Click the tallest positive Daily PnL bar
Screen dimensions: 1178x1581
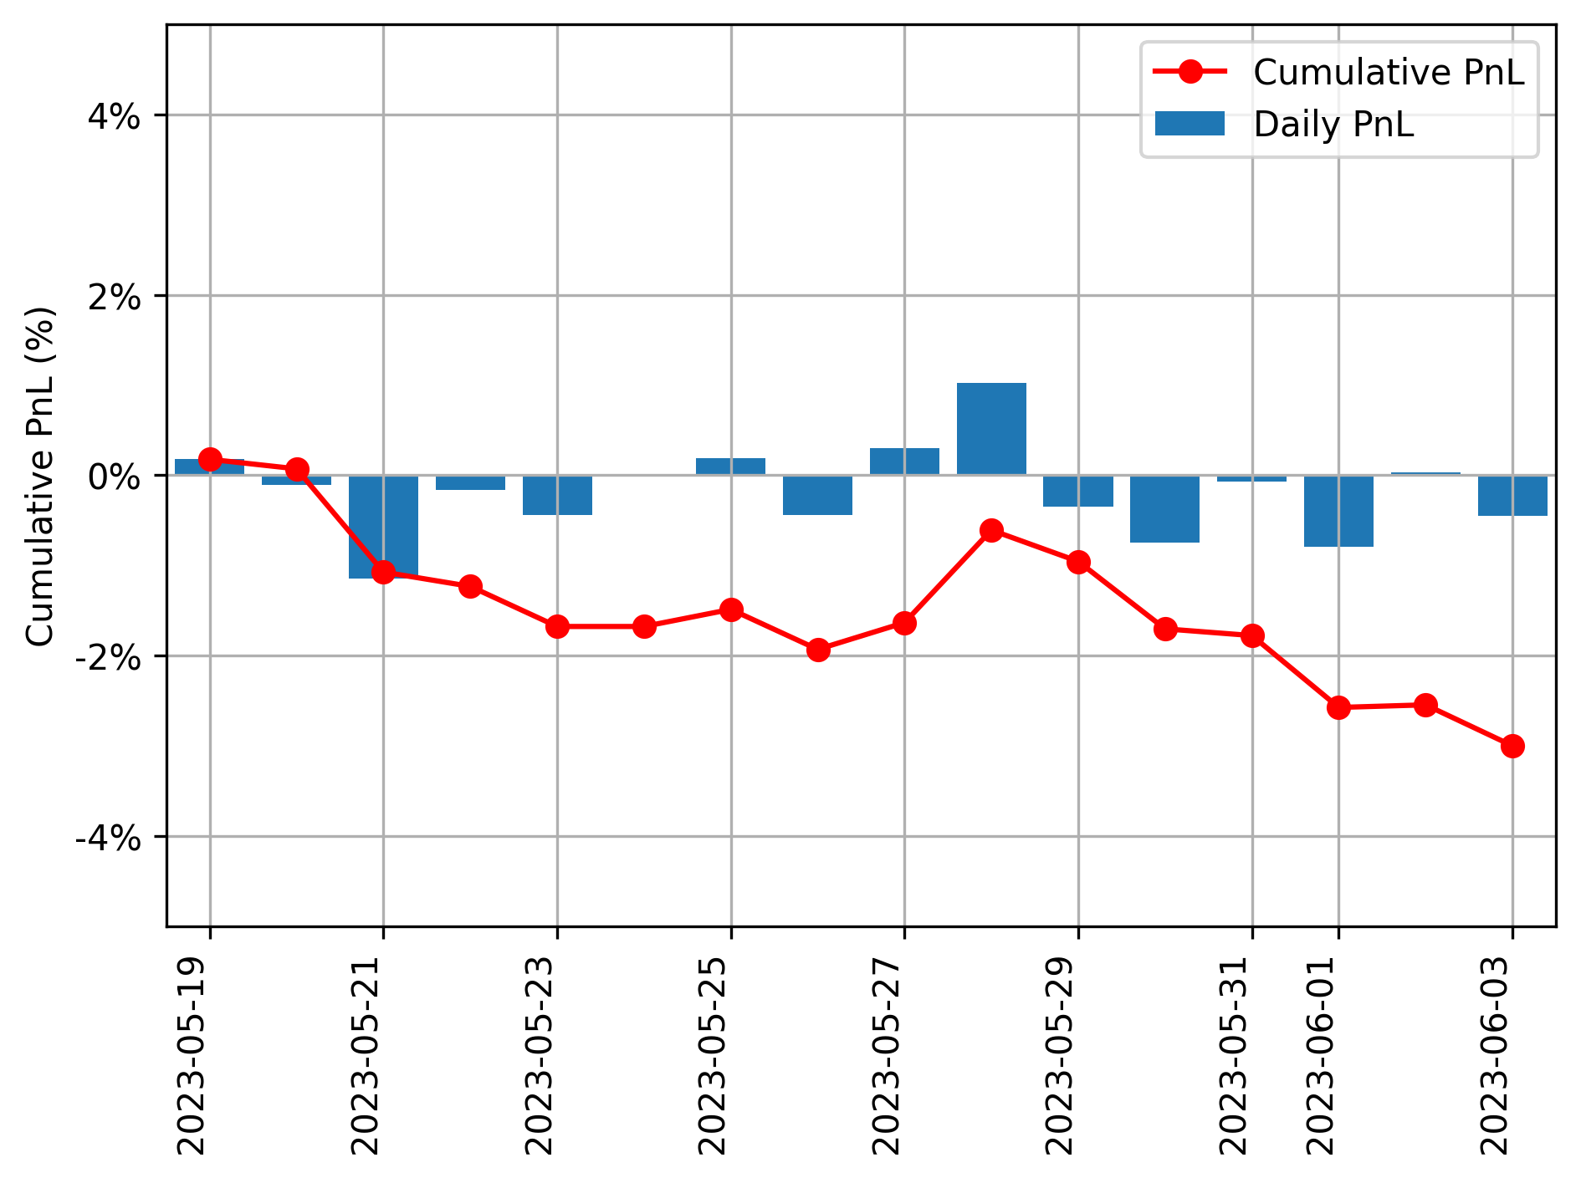coord(991,429)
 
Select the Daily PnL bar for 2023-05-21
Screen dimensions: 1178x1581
coord(383,527)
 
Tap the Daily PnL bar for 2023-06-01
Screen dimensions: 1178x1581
coord(1338,511)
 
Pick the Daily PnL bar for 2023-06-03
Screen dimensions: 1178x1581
coord(1512,495)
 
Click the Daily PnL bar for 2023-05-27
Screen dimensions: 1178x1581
coord(904,462)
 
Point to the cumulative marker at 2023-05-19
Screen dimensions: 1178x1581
coord(210,459)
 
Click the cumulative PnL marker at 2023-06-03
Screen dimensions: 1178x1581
coord(1512,746)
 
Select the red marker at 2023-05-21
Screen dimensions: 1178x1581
coord(383,573)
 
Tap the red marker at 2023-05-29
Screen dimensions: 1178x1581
coord(1078,562)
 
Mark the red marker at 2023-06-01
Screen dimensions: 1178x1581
coord(1338,707)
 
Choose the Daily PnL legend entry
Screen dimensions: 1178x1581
coord(1333,125)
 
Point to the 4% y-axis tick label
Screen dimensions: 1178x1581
coord(114,116)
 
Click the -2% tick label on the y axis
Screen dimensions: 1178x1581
coord(107,657)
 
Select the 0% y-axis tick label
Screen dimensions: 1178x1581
coord(114,477)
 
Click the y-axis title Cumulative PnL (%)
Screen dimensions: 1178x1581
coord(40,477)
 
